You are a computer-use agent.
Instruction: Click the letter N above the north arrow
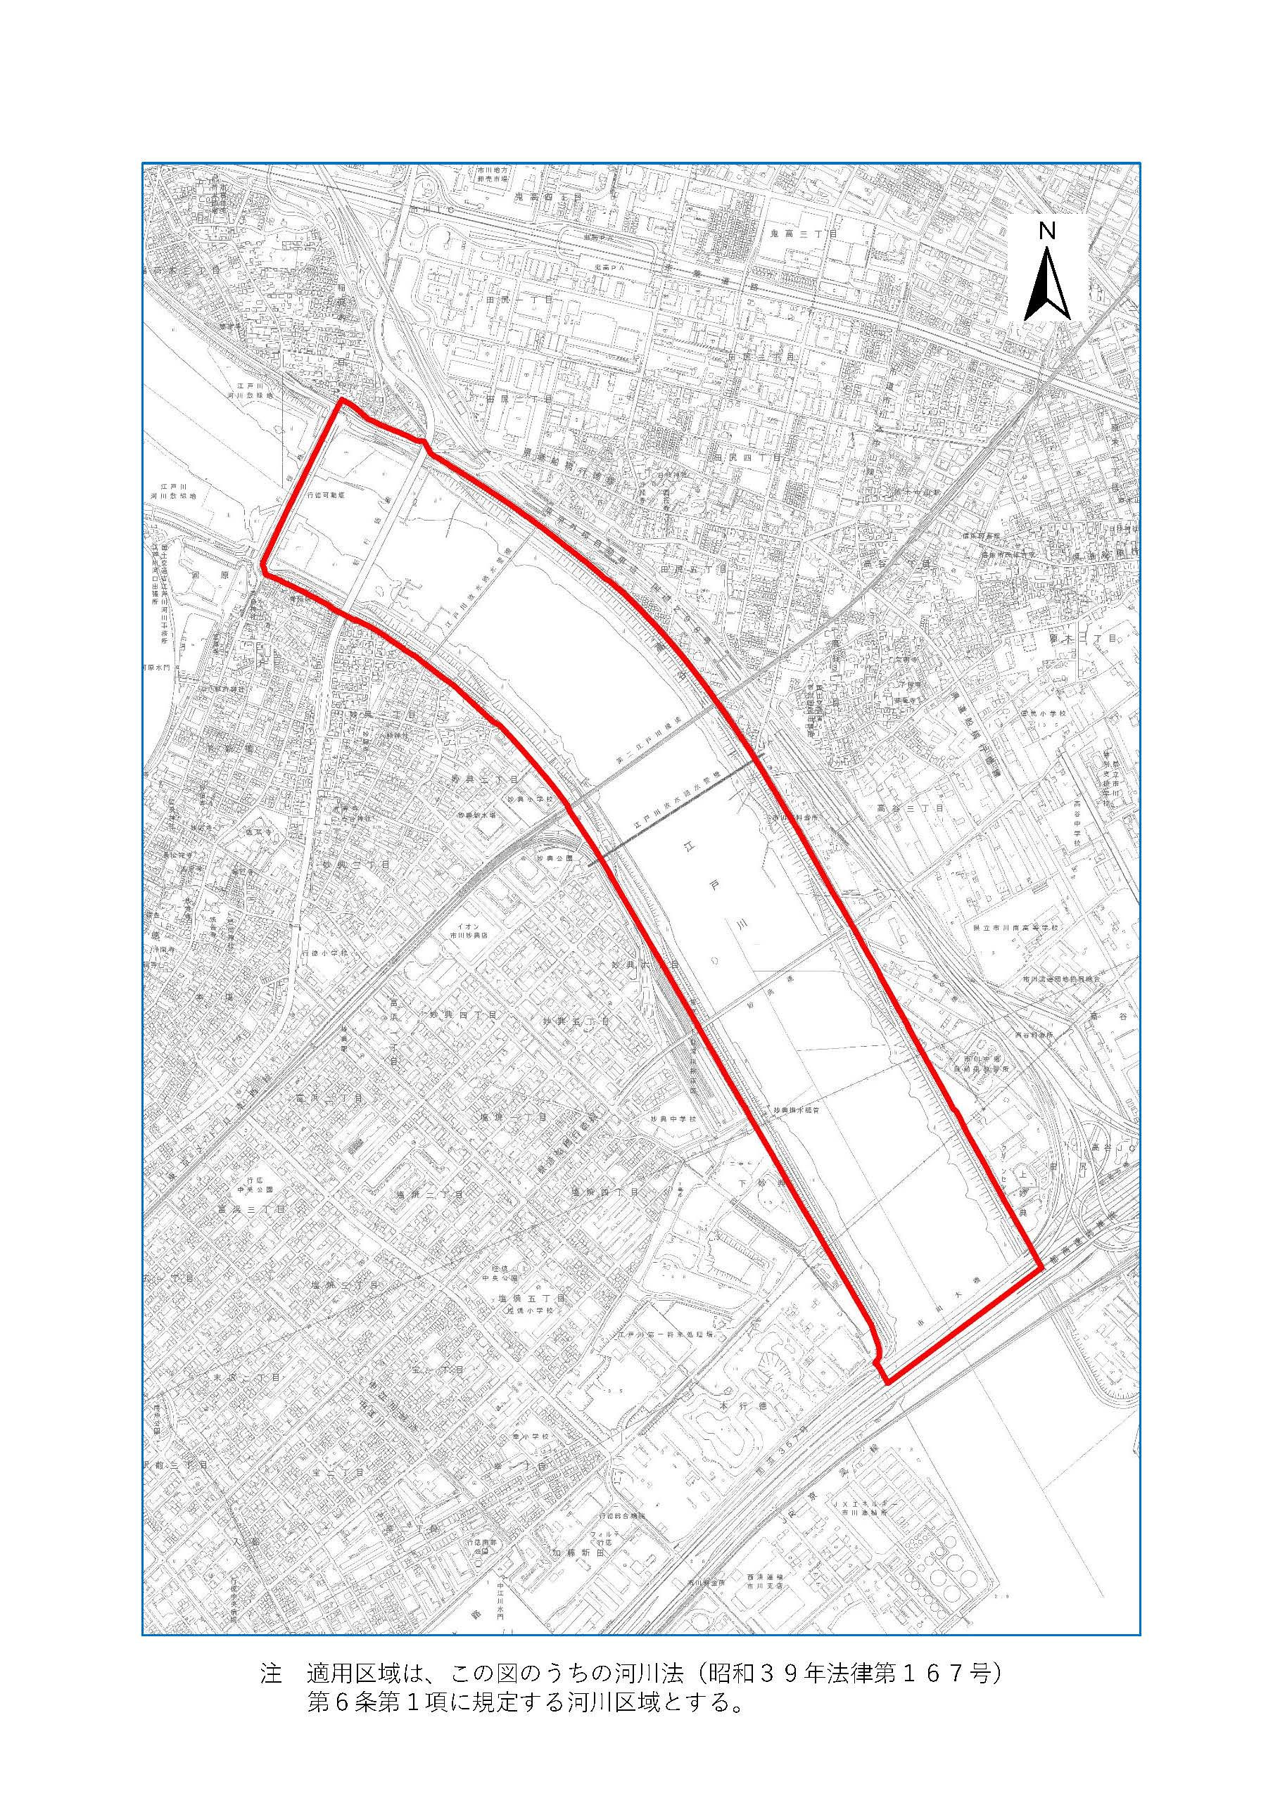point(1046,231)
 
